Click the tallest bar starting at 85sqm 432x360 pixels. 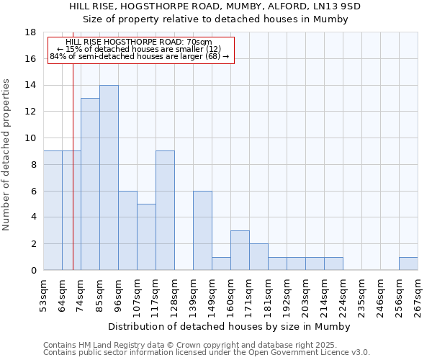click(109, 178)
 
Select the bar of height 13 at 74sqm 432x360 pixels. click(90, 184)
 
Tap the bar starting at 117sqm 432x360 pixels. click(165, 210)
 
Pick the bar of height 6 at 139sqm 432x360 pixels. click(202, 230)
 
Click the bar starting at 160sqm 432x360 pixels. click(240, 251)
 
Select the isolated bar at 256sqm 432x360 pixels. click(408, 264)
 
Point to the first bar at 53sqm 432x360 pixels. click(53, 210)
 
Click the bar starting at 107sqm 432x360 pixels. click(146, 237)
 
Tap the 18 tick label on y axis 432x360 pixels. click(30, 32)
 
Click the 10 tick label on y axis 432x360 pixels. click(30, 138)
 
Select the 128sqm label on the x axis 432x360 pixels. click(174, 295)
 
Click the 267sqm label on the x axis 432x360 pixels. click(418, 295)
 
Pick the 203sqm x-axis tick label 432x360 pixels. click(305, 295)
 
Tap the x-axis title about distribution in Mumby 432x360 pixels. click(230, 326)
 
